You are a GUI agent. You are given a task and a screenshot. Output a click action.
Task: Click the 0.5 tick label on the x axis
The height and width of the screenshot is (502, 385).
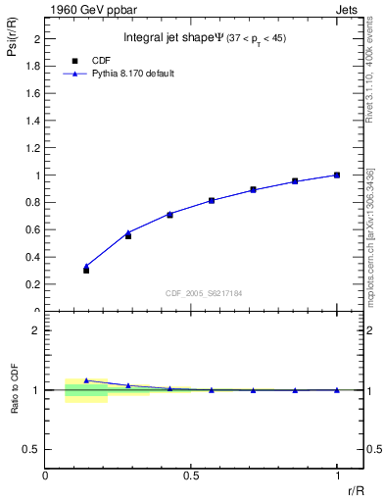tap(191, 476)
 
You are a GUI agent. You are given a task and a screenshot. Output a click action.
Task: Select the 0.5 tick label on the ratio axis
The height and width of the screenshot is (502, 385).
tap(32, 449)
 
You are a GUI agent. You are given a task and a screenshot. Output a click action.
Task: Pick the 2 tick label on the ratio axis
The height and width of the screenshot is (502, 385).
tap(36, 330)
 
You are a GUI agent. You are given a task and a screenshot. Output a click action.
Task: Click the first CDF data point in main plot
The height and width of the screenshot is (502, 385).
tap(86, 270)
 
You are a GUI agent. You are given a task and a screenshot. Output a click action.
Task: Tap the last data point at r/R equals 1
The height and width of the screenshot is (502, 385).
tap(337, 176)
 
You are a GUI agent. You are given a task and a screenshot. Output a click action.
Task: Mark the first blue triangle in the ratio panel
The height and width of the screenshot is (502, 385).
tap(86, 379)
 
